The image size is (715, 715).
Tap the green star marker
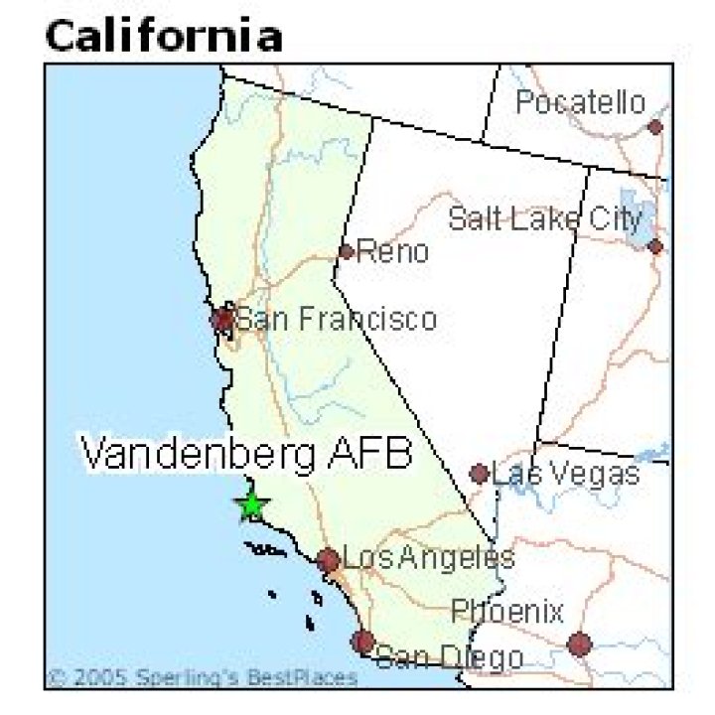(x=252, y=505)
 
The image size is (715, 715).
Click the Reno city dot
(x=346, y=251)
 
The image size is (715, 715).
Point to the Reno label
(x=393, y=252)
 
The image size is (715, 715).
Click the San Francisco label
(x=336, y=319)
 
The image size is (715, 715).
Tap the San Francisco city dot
(x=222, y=319)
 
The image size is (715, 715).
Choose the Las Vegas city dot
(x=480, y=474)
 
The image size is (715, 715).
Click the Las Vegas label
(x=566, y=473)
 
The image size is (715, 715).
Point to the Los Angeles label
(x=428, y=557)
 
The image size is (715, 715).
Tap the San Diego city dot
(x=362, y=641)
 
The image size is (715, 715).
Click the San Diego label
(x=449, y=656)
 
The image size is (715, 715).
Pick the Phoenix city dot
(x=580, y=643)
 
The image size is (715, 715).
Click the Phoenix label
(x=507, y=611)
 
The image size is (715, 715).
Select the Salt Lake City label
(x=545, y=218)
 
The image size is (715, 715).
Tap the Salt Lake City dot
(x=655, y=246)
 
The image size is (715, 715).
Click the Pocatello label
(x=580, y=102)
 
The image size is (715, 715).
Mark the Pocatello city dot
(x=655, y=127)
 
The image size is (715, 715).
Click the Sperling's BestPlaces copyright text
(x=203, y=678)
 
